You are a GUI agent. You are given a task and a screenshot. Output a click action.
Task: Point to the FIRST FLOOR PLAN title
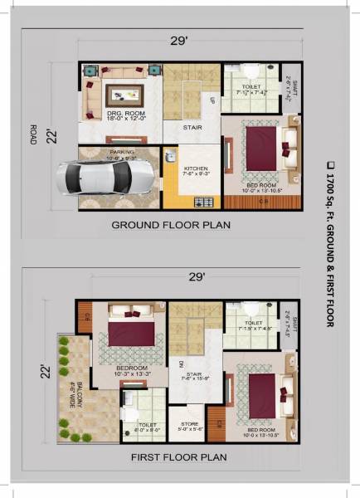179,457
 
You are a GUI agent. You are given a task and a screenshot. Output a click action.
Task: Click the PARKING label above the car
122,154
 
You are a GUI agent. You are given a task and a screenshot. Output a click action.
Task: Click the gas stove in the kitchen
202,201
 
